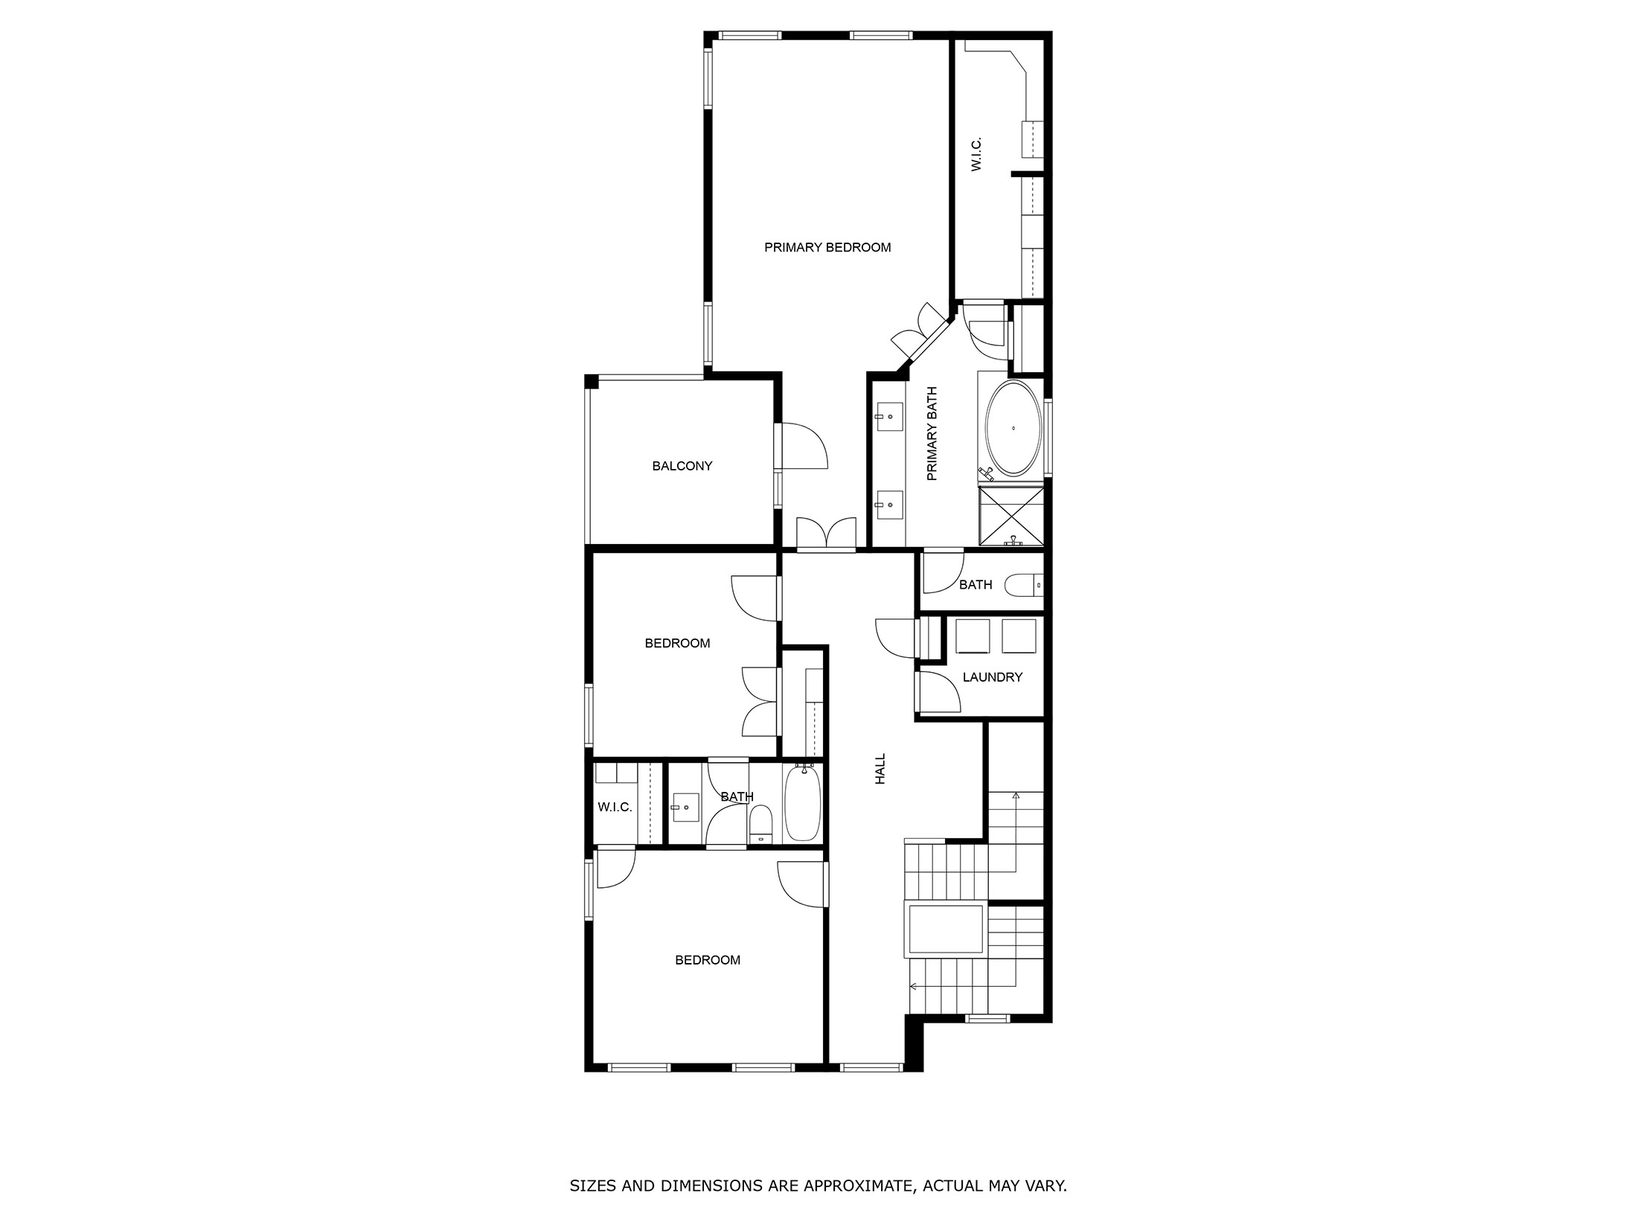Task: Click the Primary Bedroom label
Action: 827,248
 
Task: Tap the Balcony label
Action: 682,467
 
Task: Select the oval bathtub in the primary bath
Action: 1013,429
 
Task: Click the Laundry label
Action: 992,677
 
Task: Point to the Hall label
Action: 880,769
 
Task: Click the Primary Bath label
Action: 932,434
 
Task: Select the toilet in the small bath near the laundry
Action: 1024,586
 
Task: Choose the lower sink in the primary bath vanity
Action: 889,504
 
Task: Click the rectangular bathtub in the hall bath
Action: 802,805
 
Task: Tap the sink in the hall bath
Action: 685,807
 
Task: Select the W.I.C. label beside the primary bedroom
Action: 977,154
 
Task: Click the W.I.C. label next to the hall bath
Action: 615,808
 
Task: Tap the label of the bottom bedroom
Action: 708,961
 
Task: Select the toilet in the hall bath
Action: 760,824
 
